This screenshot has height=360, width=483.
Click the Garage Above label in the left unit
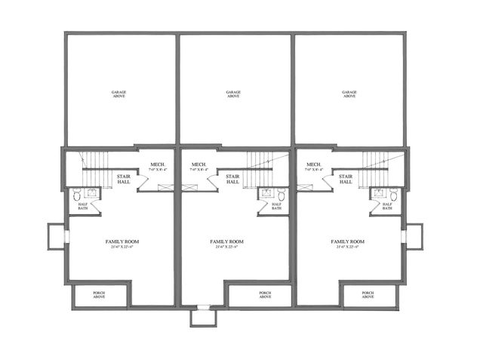[x=118, y=94]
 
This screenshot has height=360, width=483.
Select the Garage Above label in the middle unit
[x=233, y=94]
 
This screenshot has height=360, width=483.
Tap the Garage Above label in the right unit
[x=349, y=94]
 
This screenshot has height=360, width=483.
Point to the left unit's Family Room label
[x=122, y=244]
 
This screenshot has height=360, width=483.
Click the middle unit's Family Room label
[x=226, y=244]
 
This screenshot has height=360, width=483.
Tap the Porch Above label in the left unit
[x=99, y=295]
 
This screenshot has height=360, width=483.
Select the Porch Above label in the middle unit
[x=265, y=295]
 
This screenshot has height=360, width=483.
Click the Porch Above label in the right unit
[x=368, y=295]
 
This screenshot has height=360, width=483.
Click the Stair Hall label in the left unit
[x=123, y=180]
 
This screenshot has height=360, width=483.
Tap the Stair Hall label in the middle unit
[x=233, y=180]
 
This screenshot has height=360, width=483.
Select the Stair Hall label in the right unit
[x=346, y=180]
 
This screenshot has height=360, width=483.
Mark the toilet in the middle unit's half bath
[x=281, y=194]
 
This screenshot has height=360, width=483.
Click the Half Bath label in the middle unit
[x=276, y=206]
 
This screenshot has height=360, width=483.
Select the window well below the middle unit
[x=202, y=317]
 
